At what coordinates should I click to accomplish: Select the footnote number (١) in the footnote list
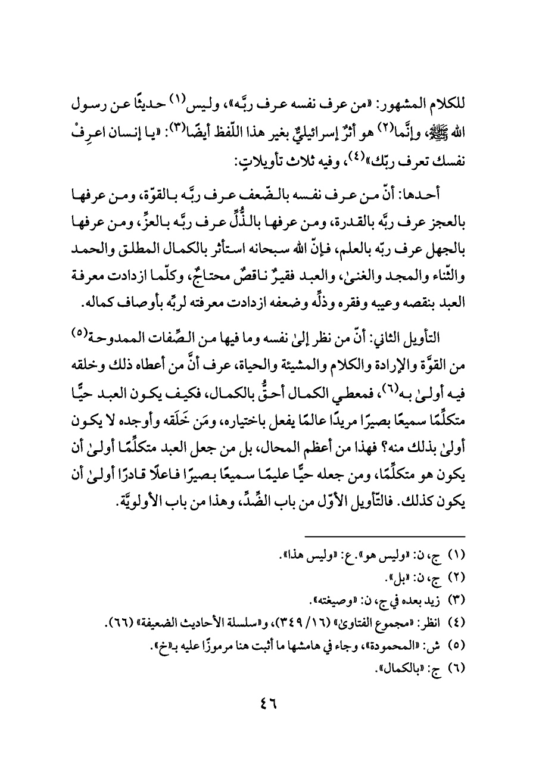455,557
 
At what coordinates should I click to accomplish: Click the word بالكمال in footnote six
397,659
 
